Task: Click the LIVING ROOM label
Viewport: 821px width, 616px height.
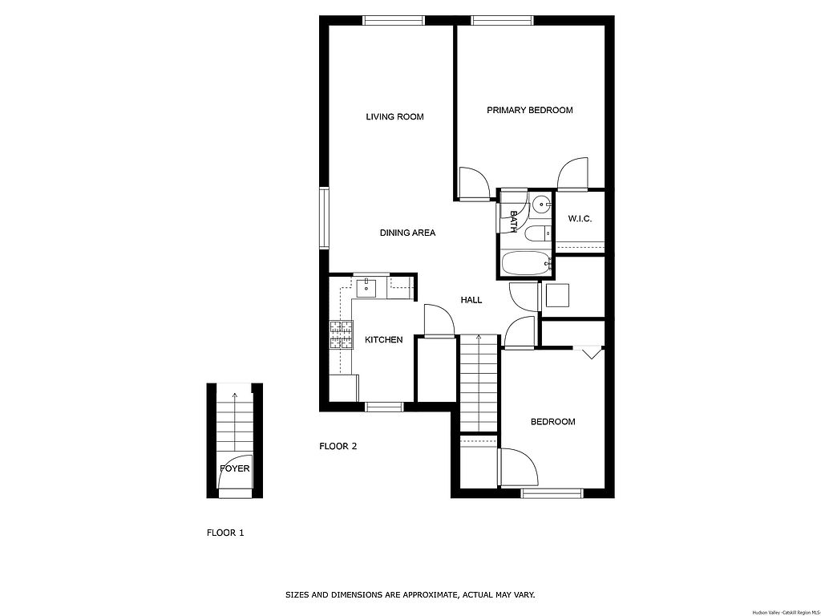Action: coord(394,117)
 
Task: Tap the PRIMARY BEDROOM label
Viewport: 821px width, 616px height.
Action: coord(530,110)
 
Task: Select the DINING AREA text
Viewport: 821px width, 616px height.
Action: coord(407,233)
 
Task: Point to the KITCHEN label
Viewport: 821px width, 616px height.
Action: coord(384,340)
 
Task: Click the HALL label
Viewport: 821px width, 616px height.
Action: coord(471,300)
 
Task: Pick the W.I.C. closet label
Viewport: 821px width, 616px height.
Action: coord(580,219)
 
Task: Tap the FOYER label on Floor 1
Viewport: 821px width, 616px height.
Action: coord(235,468)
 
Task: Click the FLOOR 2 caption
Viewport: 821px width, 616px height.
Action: coord(338,446)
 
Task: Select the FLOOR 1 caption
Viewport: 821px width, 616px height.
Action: coord(225,533)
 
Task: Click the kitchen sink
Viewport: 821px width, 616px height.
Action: coord(366,288)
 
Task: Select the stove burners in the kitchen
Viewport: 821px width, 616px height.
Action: coord(340,334)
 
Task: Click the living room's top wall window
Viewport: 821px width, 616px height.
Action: coord(394,20)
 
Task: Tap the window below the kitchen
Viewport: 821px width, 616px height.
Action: coord(384,407)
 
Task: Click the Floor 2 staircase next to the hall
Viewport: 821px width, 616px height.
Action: coord(479,383)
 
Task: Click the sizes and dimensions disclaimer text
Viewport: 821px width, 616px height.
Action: coord(410,595)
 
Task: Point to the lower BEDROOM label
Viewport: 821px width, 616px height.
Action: coord(553,422)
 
